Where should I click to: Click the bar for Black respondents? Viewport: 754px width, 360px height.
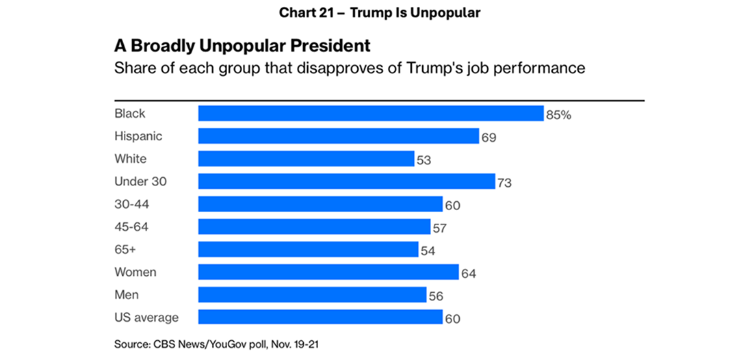(370, 114)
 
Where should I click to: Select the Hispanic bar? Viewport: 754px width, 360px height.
(338, 136)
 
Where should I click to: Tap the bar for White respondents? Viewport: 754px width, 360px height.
(306, 159)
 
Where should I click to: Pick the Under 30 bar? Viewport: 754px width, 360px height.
(346, 181)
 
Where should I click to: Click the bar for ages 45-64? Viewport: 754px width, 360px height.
(314, 227)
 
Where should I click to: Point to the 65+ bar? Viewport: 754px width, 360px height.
(308, 249)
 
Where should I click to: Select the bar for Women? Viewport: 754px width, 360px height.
(328, 272)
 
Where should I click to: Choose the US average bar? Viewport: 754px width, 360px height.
(320, 317)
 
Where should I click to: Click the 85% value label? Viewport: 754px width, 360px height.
(558, 115)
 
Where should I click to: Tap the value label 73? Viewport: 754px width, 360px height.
(505, 183)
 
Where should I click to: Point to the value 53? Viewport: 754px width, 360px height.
(424, 160)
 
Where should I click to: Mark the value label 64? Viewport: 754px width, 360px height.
(468, 274)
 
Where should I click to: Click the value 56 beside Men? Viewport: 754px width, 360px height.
(437, 296)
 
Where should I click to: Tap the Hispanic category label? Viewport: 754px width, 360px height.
(138, 136)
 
